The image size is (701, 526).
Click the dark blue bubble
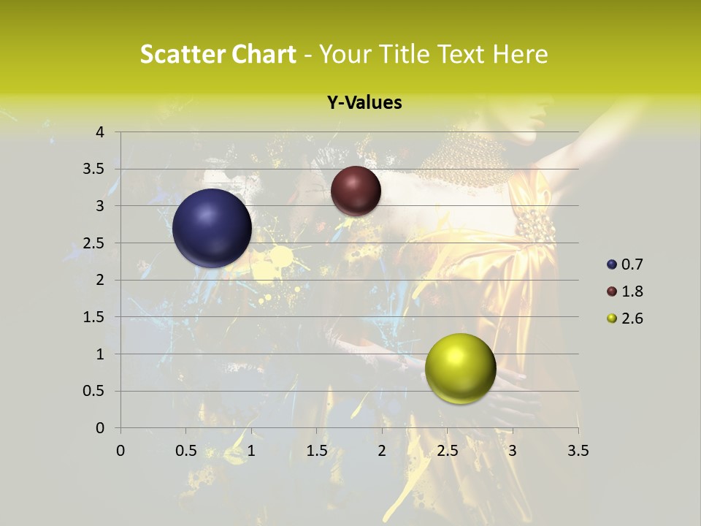(212, 228)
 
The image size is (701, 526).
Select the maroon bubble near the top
(356, 191)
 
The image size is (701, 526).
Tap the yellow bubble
(460, 368)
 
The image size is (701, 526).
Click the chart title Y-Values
(364, 103)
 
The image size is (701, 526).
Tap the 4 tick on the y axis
(101, 132)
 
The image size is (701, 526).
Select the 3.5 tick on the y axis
(96, 169)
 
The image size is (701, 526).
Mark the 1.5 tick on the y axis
(96, 317)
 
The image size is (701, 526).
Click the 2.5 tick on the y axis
(96, 243)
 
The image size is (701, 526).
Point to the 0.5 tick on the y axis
(96, 391)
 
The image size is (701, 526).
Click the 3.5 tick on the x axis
(578, 451)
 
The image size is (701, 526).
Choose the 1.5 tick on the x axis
(316, 451)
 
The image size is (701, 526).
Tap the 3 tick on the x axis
(512, 451)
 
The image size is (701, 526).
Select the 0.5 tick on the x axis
(185, 451)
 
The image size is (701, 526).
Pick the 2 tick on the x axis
(381, 451)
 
